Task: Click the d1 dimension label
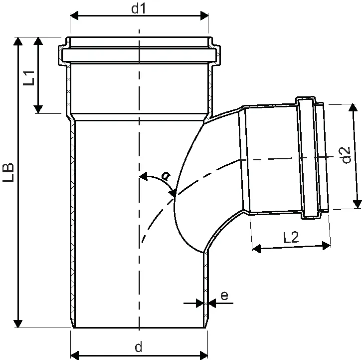pyautogui.click(x=139, y=9)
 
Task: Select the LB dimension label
pyautogui.click(x=8, y=172)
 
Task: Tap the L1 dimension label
pyautogui.click(x=29, y=78)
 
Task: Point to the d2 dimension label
pyautogui.click(x=346, y=155)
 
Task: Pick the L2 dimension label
pyautogui.click(x=291, y=237)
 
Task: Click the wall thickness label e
pyautogui.click(x=224, y=296)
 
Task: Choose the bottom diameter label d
pyautogui.click(x=139, y=348)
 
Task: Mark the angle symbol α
pyautogui.click(x=166, y=176)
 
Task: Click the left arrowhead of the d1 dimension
pyautogui.click(x=74, y=15)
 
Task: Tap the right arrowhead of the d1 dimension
pyautogui.click(x=204, y=15)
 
